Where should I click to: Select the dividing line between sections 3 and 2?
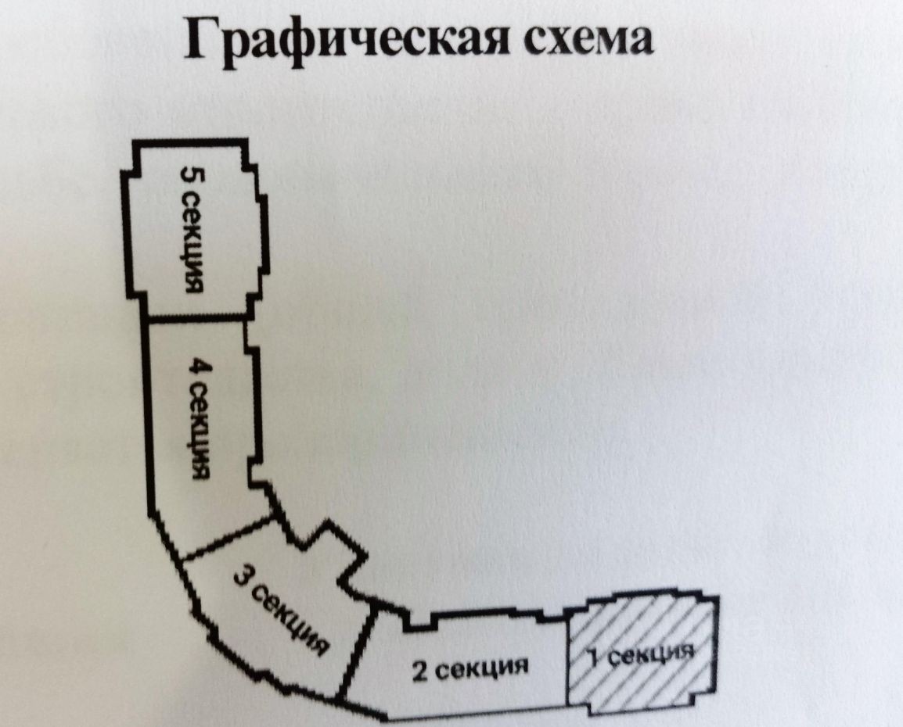(358, 653)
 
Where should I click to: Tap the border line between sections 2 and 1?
(567, 661)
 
